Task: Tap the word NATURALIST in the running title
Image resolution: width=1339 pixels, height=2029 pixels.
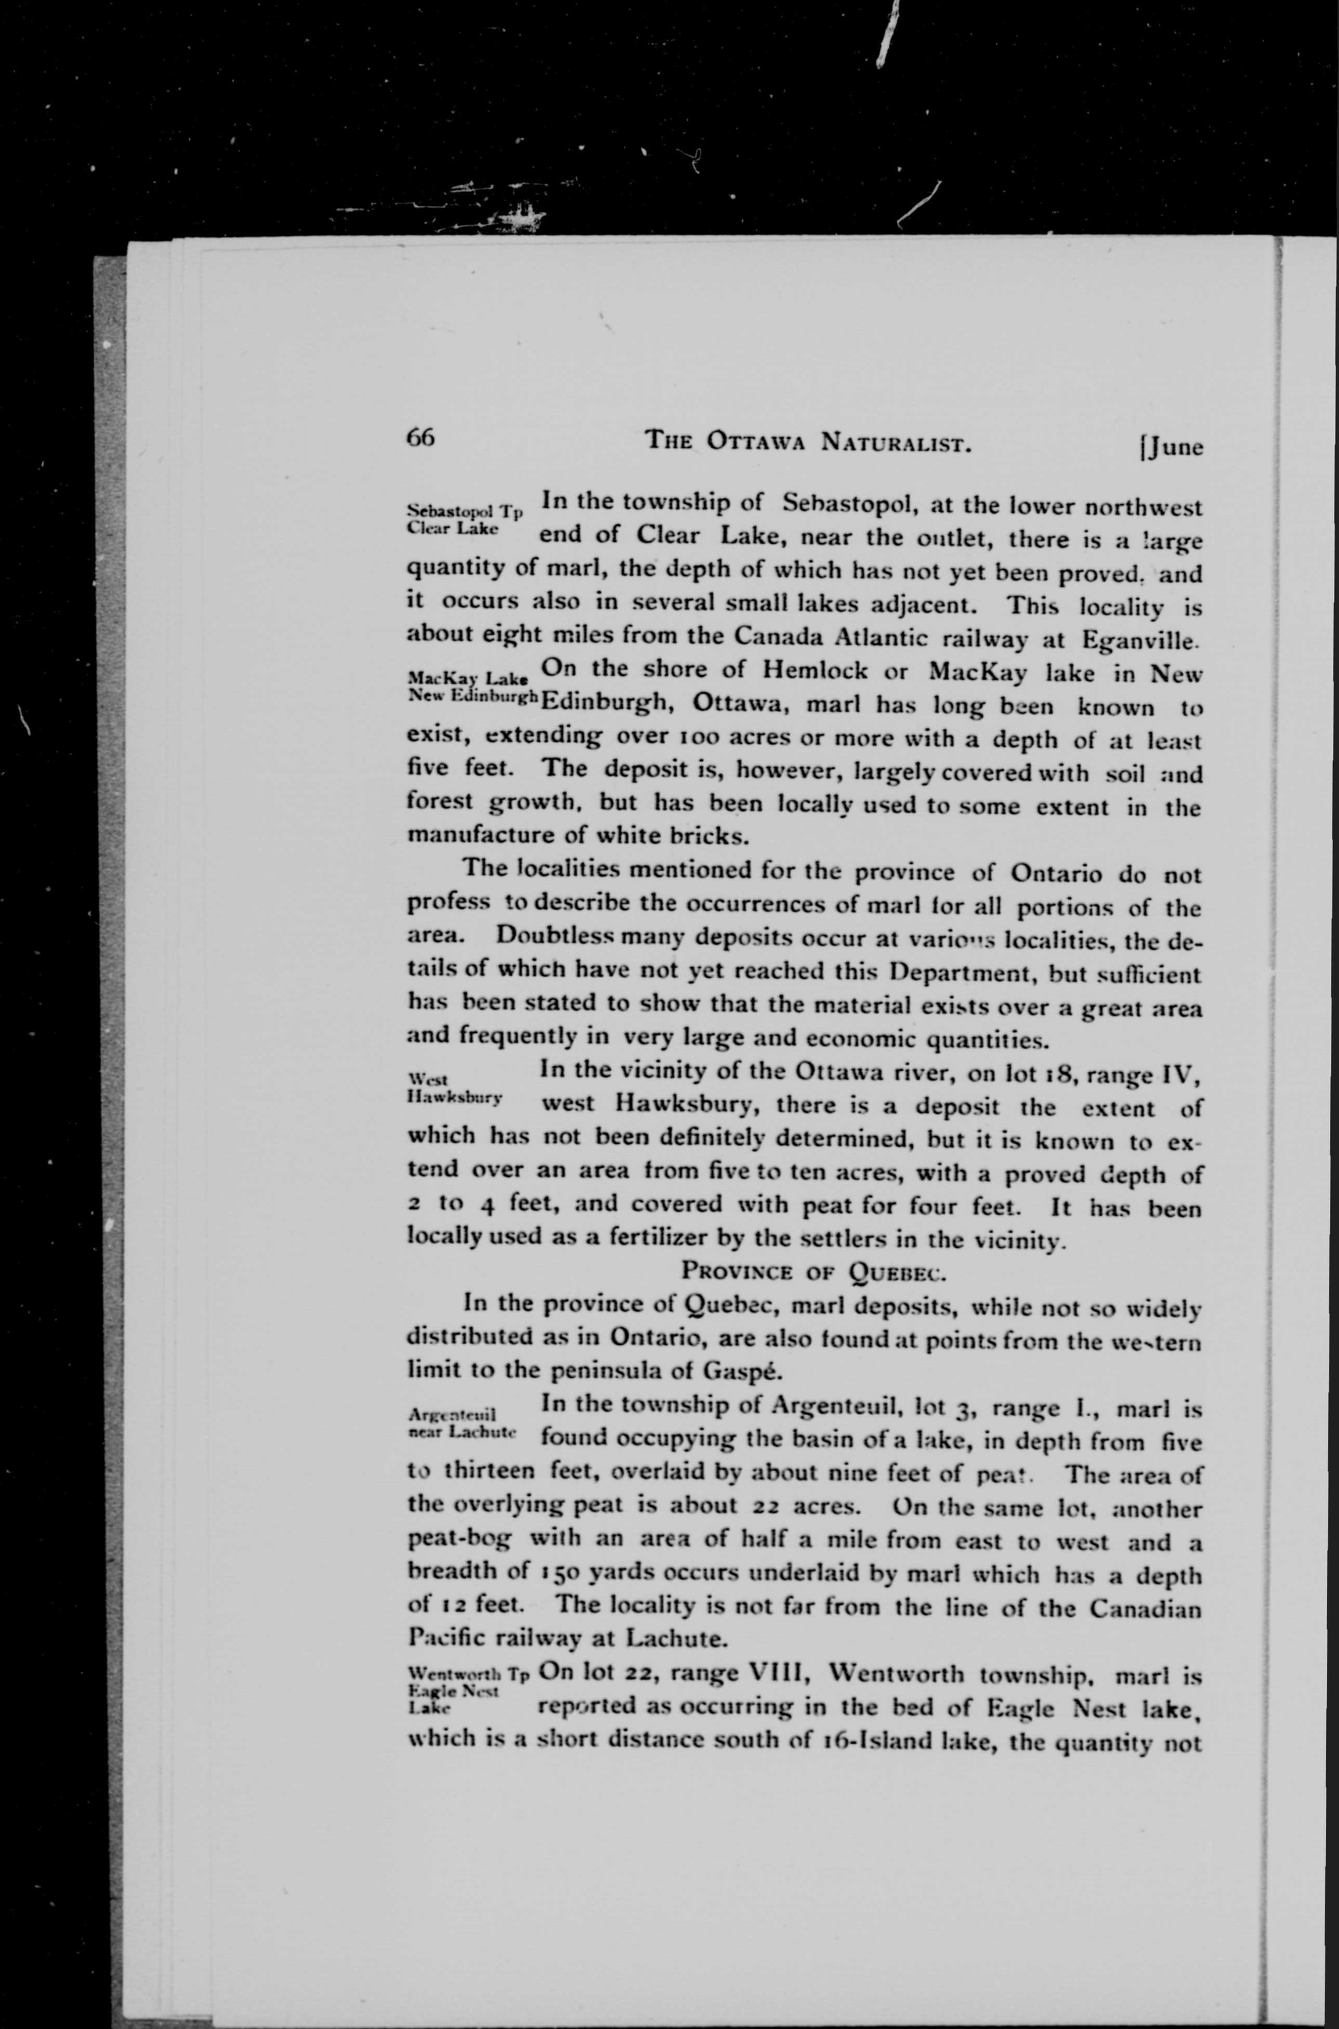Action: coord(893,442)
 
